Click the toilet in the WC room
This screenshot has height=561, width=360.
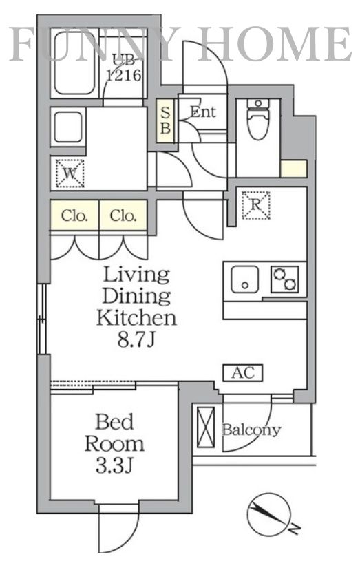point(258,120)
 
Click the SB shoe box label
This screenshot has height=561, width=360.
point(165,121)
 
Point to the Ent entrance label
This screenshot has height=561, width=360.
point(202,112)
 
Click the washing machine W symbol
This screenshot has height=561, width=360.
point(70,173)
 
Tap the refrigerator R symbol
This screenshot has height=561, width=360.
point(255,205)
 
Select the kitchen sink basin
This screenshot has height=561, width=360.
point(244,279)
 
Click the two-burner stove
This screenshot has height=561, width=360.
point(284,279)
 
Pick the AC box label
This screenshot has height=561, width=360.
point(243,373)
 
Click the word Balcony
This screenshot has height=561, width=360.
point(251,430)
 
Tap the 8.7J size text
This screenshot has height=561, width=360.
point(136,340)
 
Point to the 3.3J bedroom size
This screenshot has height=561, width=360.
point(114,466)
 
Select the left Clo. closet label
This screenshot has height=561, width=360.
point(74,215)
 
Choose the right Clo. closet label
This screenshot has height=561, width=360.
point(123,215)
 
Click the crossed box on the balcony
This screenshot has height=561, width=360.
point(206,427)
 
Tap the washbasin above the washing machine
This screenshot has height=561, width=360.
point(68,128)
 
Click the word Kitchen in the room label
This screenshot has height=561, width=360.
point(136,318)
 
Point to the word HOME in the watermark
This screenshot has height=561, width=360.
point(274,44)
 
